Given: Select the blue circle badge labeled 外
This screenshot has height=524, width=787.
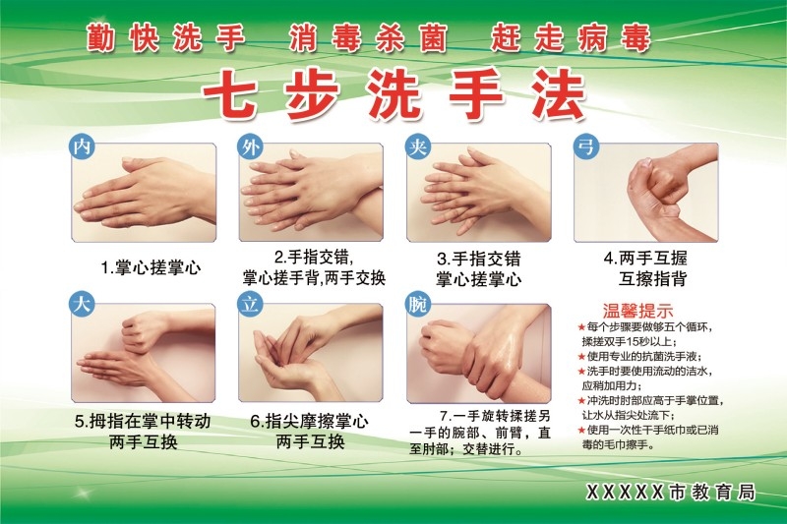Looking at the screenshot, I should tap(251, 146).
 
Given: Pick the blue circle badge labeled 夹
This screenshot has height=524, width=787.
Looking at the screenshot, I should tap(417, 146).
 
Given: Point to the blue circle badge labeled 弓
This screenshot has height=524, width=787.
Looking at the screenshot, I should tap(586, 146).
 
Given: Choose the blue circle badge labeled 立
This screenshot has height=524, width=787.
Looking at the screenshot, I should tap(251, 305).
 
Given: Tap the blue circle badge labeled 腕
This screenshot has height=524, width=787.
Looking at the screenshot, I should tap(417, 305).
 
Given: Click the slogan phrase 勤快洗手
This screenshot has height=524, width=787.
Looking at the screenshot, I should tap(164, 39).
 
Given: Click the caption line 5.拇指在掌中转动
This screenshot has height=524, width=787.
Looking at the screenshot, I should tap(143, 422).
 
